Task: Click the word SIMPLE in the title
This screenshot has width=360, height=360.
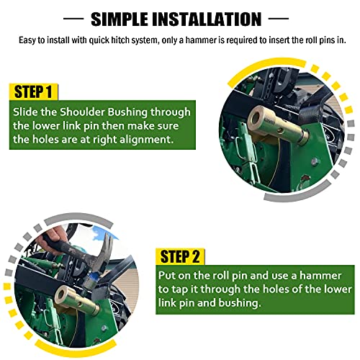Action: point(120,19)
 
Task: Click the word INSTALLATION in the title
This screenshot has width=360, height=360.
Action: point(207,19)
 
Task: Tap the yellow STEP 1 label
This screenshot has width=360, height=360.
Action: point(33,91)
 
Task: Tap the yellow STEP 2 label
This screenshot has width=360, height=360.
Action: point(180,257)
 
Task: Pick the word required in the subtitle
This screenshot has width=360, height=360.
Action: point(242,40)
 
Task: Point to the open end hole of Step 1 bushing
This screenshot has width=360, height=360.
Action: point(256,117)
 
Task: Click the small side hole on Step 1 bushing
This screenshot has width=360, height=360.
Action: point(279,131)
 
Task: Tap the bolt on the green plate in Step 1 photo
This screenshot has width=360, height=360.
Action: point(315,161)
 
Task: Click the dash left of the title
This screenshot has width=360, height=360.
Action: point(73,19)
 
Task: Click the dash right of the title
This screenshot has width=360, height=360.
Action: point(279,19)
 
